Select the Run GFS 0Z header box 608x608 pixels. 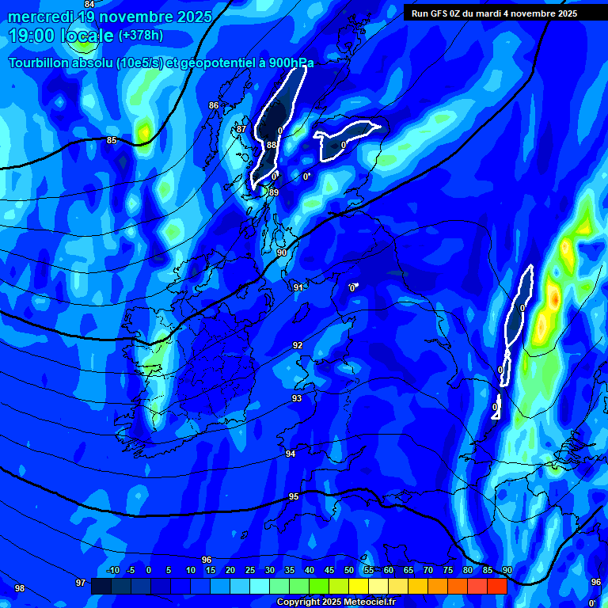coord(494,13)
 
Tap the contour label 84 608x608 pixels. coord(89,4)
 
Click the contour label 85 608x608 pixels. coord(112,141)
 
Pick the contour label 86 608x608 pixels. coord(214,105)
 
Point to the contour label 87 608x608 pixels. coord(241,129)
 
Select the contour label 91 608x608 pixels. coord(298,287)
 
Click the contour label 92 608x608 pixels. coord(298,345)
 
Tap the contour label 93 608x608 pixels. coord(296,398)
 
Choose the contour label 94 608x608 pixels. coord(291,454)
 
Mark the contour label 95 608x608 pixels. coord(294,496)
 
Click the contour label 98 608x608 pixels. coord(20,588)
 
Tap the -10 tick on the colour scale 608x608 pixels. coord(112,570)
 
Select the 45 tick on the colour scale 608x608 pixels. coord(329,570)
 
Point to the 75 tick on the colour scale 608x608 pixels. coord(448,570)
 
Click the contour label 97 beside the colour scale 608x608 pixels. coord(80,583)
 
